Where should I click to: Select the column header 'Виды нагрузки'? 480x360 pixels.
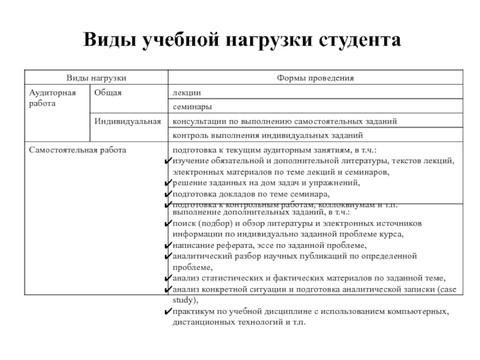pos(96,78)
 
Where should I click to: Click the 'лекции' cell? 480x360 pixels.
pos(187,92)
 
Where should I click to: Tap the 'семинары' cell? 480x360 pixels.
pos(191,107)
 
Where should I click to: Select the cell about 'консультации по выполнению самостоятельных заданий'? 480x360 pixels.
pos(285,121)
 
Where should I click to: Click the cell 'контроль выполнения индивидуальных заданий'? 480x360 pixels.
pos(268,136)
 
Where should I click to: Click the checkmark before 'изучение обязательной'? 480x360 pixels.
pos(168,161)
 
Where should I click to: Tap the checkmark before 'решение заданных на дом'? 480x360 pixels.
pos(168,183)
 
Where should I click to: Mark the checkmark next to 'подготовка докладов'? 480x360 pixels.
pos(168,194)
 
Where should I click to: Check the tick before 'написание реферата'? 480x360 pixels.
pos(168,245)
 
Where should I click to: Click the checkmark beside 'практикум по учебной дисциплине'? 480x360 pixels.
pos(168,312)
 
